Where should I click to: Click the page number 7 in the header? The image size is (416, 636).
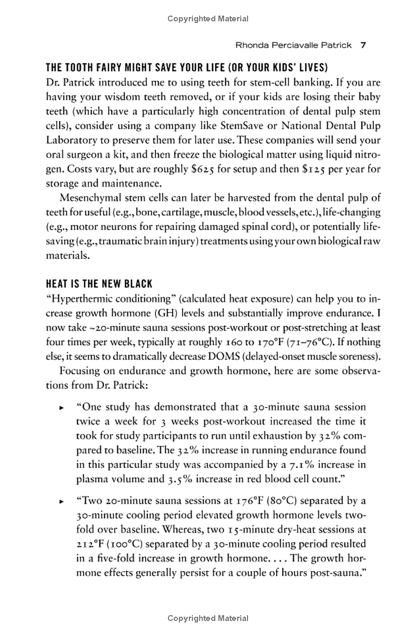pos(364,45)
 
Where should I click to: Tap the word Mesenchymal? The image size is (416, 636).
pos(90,198)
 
